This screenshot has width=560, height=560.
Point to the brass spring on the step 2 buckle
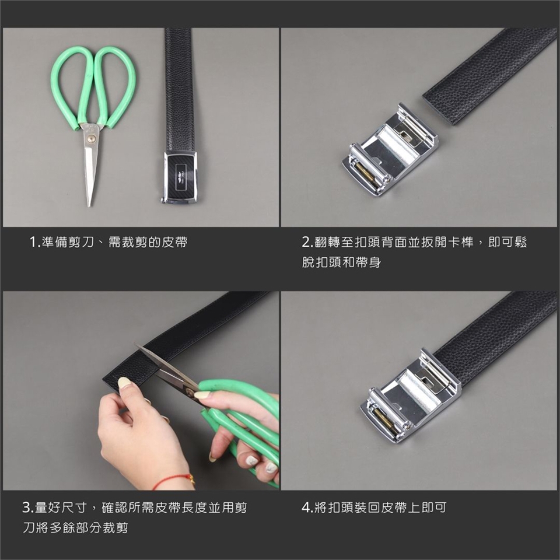coord(369,174)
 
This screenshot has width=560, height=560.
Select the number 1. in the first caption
coord(34,242)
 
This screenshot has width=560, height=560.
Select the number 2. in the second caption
coord(307,242)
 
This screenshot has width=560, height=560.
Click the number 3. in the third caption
coord(28,507)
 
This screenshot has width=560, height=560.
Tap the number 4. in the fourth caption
coord(307,507)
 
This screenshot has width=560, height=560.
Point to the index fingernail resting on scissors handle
coord(202,395)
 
